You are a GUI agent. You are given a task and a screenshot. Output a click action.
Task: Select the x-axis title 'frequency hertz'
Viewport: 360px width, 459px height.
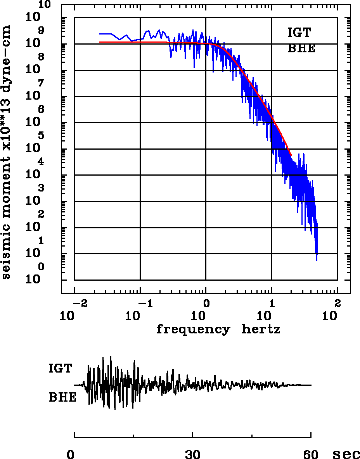click(218, 330)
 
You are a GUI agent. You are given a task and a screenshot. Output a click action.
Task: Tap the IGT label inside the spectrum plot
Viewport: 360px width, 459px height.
click(299, 33)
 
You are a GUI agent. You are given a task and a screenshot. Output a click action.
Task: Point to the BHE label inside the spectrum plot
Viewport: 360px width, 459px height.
click(301, 49)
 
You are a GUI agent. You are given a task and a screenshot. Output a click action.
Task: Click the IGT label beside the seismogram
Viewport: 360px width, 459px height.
click(60, 368)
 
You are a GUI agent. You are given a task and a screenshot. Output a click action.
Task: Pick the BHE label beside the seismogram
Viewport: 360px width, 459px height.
click(62, 398)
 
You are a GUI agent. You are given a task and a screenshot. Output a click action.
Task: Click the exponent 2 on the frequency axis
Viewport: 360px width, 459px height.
click(337, 302)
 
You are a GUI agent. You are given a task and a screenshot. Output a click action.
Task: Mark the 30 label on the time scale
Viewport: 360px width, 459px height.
click(193, 454)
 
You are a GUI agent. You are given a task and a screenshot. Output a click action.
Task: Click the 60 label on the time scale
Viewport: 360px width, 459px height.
click(311, 454)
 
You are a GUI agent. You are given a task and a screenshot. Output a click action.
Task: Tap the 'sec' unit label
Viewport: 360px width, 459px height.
click(346, 454)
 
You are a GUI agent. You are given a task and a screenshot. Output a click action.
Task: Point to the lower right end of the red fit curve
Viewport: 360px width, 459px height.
click(291, 155)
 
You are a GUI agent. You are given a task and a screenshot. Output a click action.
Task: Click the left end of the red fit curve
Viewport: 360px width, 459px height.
click(100, 42)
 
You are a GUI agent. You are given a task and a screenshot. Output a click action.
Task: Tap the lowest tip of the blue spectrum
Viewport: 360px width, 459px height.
click(317, 261)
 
